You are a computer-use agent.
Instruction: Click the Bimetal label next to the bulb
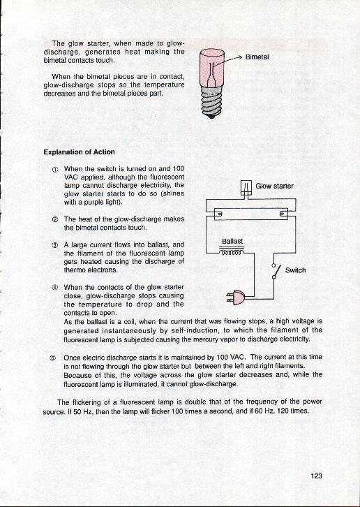(x=257, y=57)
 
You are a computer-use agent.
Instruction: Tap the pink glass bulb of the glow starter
(x=211, y=67)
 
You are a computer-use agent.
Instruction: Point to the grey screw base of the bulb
(x=211, y=101)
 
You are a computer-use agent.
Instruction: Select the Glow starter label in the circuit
(x=274, y=186)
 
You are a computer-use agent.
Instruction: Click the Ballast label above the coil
(x=232, y=241)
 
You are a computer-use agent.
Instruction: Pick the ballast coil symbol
(x=232, y=253)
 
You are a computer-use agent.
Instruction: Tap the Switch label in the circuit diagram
(x=295, y=270)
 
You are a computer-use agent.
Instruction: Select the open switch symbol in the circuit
(x=274, y=271)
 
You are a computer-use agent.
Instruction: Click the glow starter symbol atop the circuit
(x=246, y=188)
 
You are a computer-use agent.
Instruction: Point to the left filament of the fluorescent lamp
(x=220, y=214)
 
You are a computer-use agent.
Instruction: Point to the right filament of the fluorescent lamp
(x=283, y=214)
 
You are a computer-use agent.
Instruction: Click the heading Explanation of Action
(x=79, y=152)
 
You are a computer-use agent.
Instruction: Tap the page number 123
(x=316, y=476)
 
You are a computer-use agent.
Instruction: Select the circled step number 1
(x=55, y=170)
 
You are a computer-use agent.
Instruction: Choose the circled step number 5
(x=52, y=358)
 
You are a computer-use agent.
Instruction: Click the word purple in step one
(x=84, y=203)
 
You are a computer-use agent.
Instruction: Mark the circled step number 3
(x=55, y=245)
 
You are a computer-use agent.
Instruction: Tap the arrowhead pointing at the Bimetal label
(x=240, y=57)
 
